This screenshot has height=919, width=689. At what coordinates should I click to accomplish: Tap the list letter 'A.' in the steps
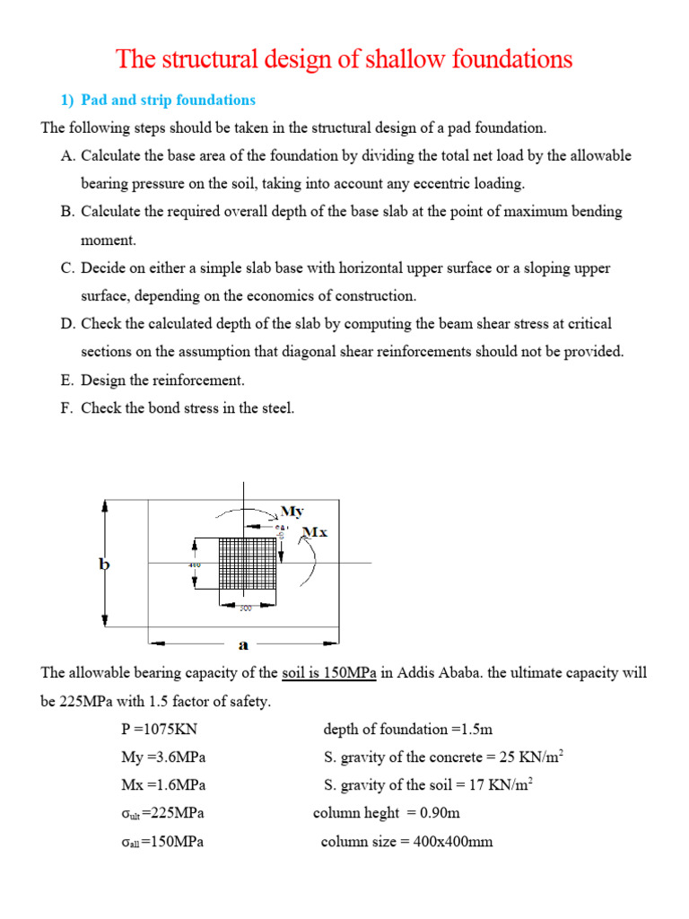69,155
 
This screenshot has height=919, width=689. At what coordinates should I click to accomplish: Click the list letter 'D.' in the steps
69,323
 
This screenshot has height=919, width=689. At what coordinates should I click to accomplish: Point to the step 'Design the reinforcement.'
162,380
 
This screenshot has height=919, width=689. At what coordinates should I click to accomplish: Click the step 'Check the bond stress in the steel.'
187,408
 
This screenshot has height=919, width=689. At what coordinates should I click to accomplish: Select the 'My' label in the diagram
292,512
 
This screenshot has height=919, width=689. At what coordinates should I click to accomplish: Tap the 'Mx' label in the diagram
315,532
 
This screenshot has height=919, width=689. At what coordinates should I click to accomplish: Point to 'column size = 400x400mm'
406,842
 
